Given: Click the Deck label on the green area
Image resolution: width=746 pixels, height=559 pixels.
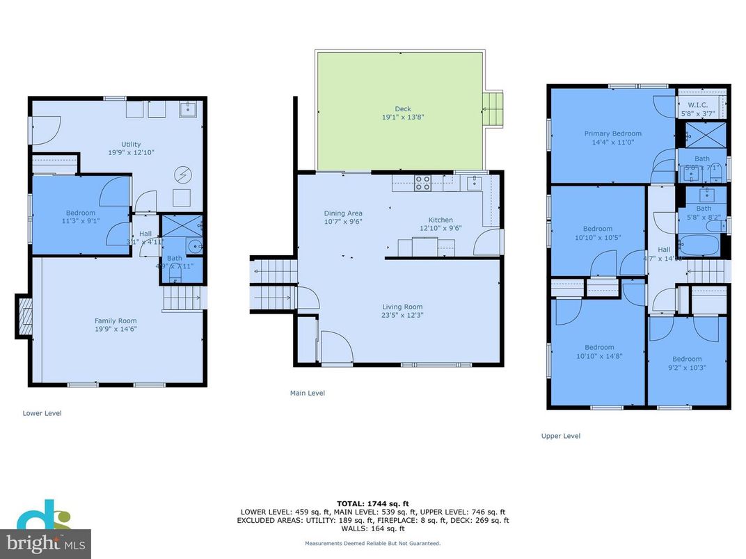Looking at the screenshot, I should [x=403, y=108].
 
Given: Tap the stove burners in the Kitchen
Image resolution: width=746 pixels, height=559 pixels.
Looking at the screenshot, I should [x=422, y=184].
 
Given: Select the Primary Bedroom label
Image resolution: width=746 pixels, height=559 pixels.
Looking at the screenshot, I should [x=612, y=133].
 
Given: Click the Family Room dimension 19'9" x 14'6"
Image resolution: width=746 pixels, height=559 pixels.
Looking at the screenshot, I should [x=116, y=330].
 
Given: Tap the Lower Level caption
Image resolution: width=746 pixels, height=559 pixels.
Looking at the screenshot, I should [x=42, y=413].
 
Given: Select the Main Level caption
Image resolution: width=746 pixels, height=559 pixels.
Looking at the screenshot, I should [x=307, y=393].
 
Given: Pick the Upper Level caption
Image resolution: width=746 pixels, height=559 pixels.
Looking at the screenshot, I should [x=560, y=436].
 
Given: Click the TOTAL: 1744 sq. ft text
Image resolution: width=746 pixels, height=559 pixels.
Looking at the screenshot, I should [x=372, y=503].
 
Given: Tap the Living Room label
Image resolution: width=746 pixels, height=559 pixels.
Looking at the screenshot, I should [x=402, y=307].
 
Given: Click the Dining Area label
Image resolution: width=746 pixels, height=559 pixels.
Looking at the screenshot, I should [x=343, y=213].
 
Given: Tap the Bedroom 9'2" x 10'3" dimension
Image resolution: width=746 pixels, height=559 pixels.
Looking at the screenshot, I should [x=688, y=368].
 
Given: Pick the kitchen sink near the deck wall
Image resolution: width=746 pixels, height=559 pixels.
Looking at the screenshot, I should [x=475, y=183].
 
